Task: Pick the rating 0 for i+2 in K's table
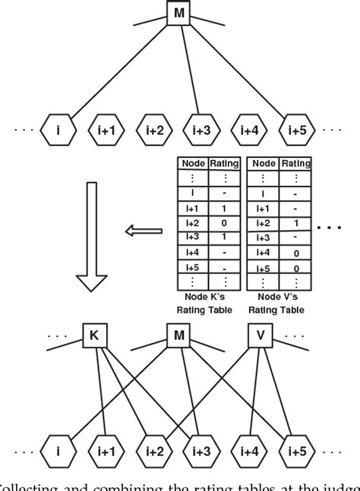click(x=223, y=222)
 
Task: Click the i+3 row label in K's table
click(x=191, y=237)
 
